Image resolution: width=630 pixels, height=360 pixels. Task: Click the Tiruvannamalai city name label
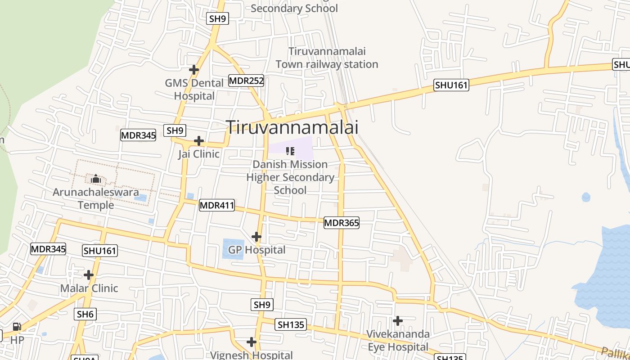tap(292, 127)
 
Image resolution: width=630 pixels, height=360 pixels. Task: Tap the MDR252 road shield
tap(246, 81)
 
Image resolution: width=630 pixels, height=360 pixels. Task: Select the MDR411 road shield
tap(217, 206)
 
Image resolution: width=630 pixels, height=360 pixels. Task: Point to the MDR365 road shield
tap(342, 223)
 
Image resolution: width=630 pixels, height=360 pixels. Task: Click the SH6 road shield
tap(85, 314)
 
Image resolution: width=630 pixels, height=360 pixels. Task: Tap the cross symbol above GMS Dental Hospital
tap(194, 70)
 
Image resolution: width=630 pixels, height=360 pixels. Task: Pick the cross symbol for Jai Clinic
tap(199, 141)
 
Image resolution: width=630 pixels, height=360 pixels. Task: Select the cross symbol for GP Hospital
tap(256, 237)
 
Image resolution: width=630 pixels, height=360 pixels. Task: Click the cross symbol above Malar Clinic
tap(89, 275)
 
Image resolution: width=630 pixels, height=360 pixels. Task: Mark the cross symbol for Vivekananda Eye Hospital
tap(398, 321)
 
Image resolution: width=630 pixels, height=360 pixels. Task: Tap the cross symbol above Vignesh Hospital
tap(252, 342)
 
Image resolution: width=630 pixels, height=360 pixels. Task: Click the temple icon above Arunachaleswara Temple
tap(95, 179)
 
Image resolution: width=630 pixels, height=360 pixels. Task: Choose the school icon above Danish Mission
tap(290, 151)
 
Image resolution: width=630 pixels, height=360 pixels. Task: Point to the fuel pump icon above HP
tap(17, 327)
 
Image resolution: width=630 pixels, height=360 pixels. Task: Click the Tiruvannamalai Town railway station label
tap(327, 58)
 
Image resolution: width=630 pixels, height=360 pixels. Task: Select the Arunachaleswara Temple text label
tap(96, 198)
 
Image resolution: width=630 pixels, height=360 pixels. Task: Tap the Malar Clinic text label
tap(89, 288)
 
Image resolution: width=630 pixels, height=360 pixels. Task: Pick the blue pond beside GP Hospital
tap(233, 249)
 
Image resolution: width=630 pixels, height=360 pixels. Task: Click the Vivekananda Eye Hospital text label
tap(398, 341)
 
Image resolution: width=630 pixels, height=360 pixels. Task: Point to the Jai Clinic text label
tap(198, 154)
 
